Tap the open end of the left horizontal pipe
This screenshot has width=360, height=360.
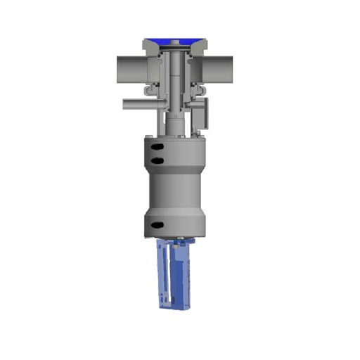tap(117, 69)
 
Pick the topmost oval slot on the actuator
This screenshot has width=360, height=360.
tap(158, 146)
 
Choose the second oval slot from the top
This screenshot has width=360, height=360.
tap(158, 161)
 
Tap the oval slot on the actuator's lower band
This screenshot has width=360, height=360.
tap(157, 225)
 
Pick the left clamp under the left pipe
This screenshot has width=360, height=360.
tap(148, 90)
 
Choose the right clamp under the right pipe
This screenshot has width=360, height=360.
tap(199, 89)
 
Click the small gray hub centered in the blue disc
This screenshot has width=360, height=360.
tap(174, 44)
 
